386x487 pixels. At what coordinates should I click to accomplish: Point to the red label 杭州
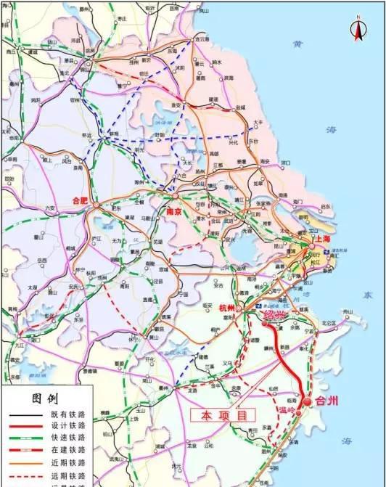228,308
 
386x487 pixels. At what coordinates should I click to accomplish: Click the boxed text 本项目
223,415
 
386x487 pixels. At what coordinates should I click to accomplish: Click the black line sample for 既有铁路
25,414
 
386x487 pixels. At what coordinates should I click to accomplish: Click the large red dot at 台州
308,401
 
